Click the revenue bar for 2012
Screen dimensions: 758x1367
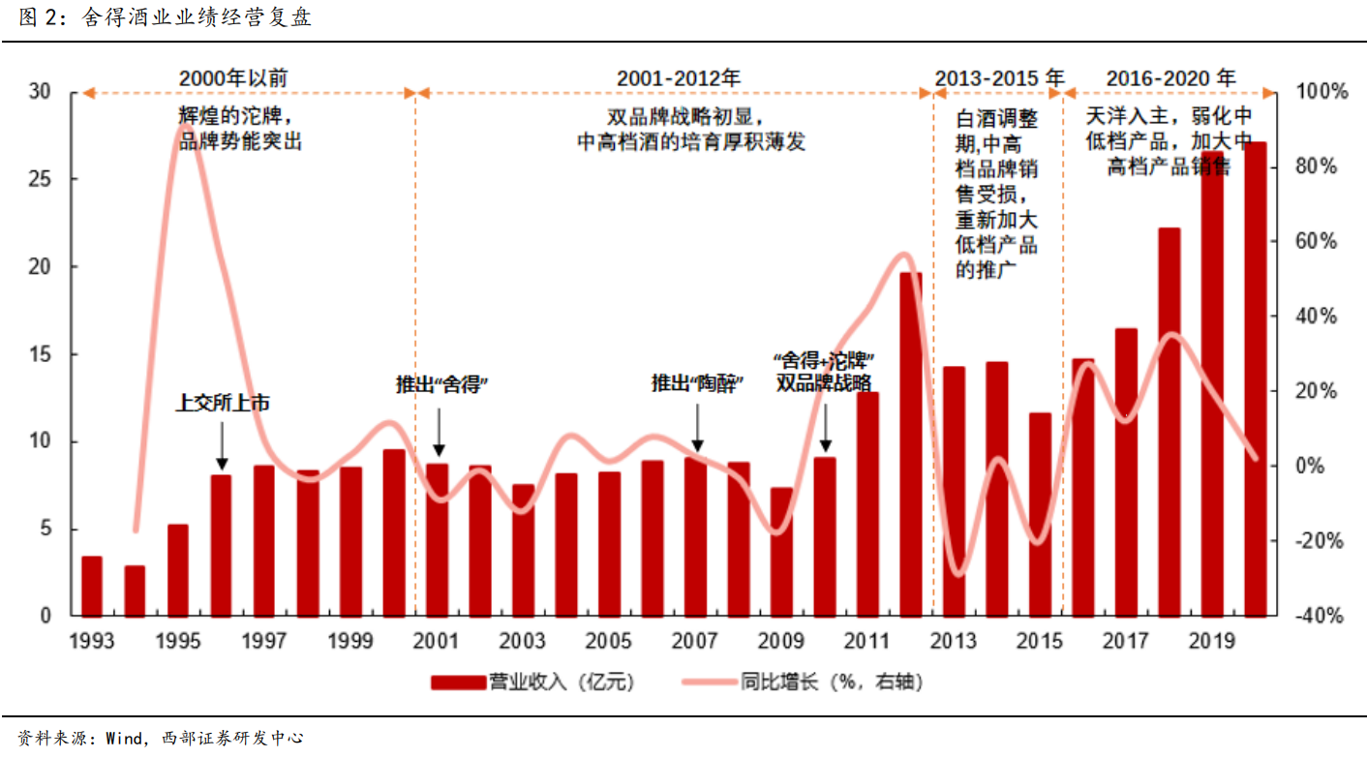click(910, 444)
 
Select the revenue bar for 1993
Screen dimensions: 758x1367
click(92, 587)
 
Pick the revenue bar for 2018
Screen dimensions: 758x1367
click(1169, 422)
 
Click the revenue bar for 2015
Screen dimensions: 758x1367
click(1040, 514)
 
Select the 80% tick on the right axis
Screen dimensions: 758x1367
click(1316, 167)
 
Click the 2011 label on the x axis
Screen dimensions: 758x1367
click(867, 642)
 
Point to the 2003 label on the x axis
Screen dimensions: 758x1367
click(522, 642)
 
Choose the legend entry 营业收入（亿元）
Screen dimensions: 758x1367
click(532, 682)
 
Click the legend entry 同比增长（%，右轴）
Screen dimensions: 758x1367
click(803, 682)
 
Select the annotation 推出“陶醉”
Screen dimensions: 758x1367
click(696, 384)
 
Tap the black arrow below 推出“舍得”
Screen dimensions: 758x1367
click(439, 432)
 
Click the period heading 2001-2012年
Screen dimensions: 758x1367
click(679, 77)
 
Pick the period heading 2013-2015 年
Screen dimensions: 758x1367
click(998, 77)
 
